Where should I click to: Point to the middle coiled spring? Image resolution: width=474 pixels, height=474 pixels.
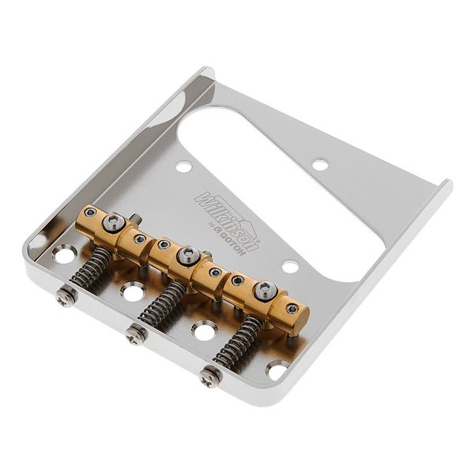click(161, 304)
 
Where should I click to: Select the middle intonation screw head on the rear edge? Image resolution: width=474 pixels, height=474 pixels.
click(136, 335)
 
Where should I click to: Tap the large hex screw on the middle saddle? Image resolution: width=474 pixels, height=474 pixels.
click(188, 254)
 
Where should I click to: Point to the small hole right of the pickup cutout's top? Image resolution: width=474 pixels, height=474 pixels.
click(320, 164)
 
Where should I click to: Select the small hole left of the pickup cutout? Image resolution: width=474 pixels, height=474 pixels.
click(183, 167)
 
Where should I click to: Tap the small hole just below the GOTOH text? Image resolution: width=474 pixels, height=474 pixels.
click(290, 267)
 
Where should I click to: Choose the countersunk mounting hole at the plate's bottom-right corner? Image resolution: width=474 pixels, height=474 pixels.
click(277, 368)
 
